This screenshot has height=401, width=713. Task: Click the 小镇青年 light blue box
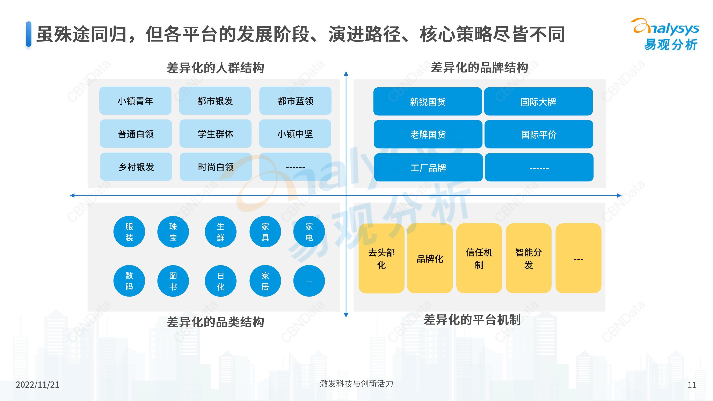135,101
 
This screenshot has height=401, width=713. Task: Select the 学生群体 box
215,134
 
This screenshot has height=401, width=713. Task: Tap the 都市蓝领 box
295,101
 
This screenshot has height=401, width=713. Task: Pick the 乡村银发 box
136,167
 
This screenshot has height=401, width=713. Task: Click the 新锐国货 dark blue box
428,102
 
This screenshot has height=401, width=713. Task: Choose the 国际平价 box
539,134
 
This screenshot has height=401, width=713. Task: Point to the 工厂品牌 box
428,167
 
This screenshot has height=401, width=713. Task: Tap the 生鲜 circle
221,232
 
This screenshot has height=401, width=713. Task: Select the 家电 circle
309,232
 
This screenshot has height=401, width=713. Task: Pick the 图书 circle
173,281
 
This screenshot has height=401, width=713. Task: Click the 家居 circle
265,281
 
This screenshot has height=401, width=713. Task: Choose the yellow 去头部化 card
381,258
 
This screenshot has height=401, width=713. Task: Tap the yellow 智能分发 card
528,258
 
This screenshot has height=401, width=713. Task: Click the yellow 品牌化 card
430,258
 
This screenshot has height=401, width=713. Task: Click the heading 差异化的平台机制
472,320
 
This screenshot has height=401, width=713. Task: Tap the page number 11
692,385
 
